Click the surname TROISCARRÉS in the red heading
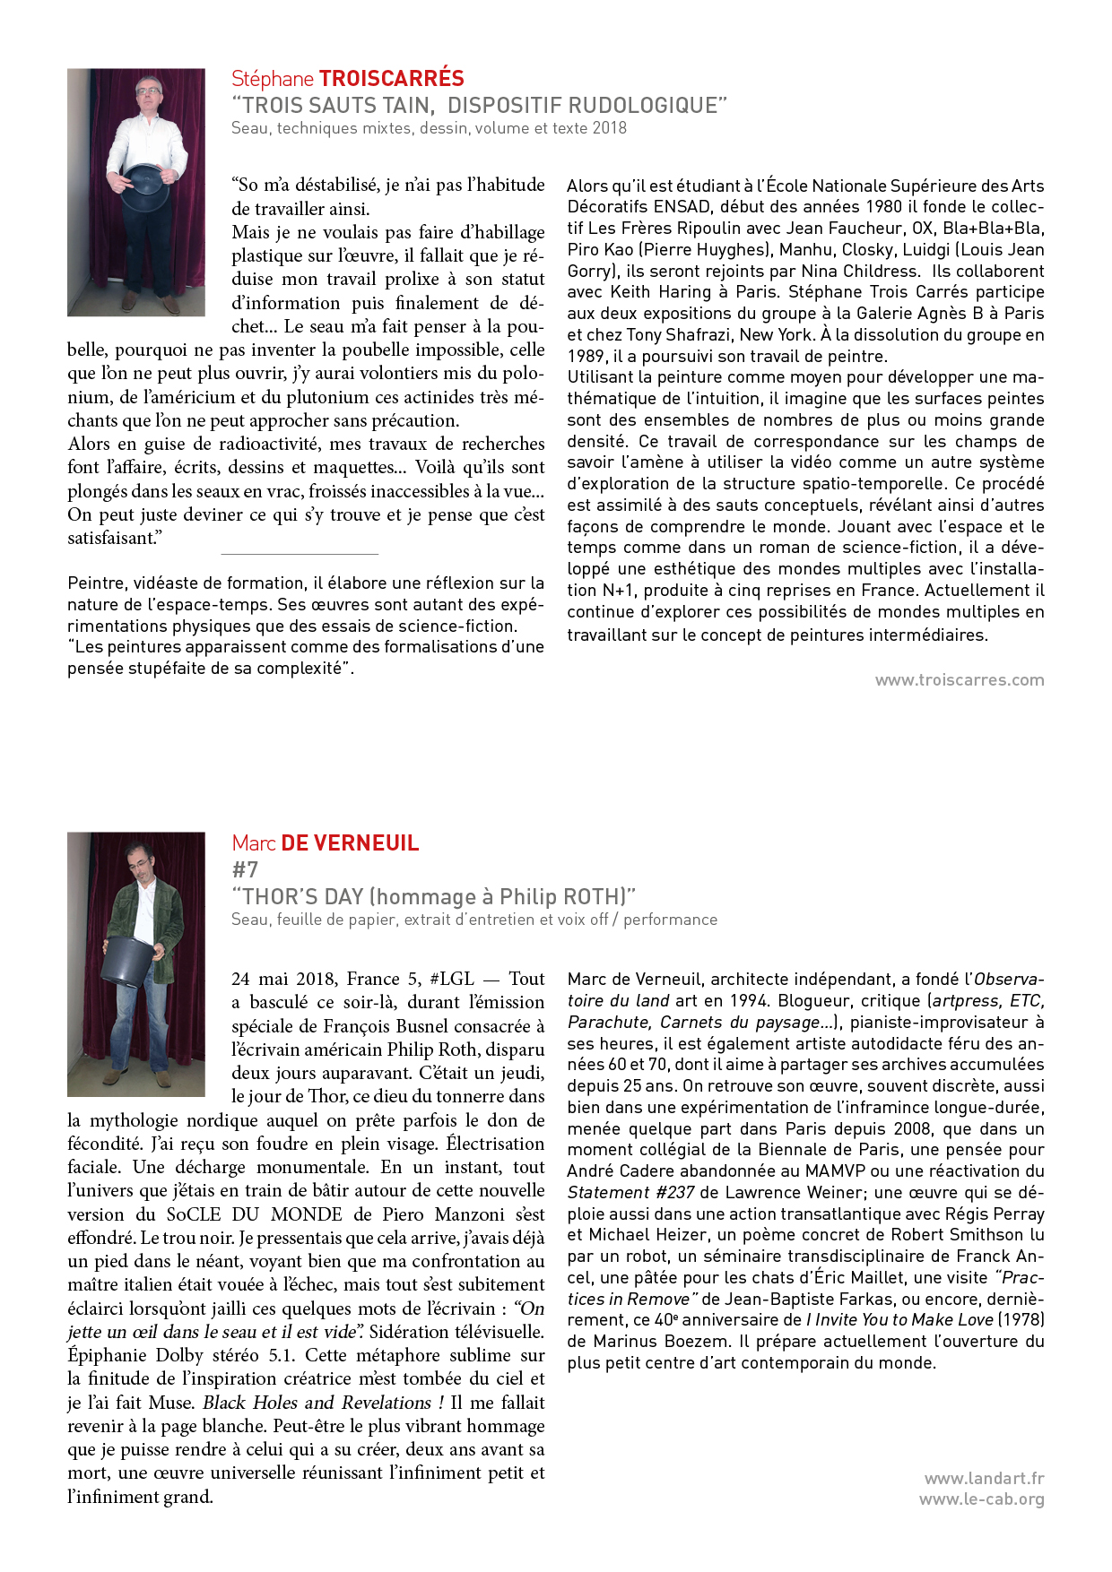pos(392,79)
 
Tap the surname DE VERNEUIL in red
pos(350,843)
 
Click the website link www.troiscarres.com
pos(960,680)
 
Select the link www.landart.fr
pos(984,1479)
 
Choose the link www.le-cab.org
pos(981,1499)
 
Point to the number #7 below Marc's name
pos(245,869)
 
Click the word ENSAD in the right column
pos(682,207)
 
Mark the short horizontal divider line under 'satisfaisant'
pos(300,555)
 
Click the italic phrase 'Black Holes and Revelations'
pos(318,1403)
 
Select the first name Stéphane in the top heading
pos(272,79)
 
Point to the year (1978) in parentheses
pos(1021,1320)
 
